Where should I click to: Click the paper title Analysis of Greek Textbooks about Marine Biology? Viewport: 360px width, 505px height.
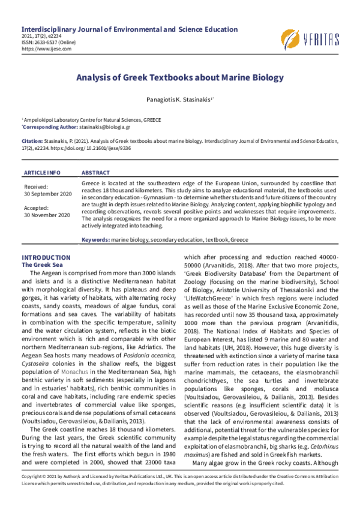[x=179, y=78]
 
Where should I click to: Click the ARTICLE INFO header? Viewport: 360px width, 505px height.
[x=43, y=172]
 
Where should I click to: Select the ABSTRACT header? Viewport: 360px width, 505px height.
[x=95, y=172]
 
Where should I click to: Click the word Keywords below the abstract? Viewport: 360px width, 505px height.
[x=95, y=239]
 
